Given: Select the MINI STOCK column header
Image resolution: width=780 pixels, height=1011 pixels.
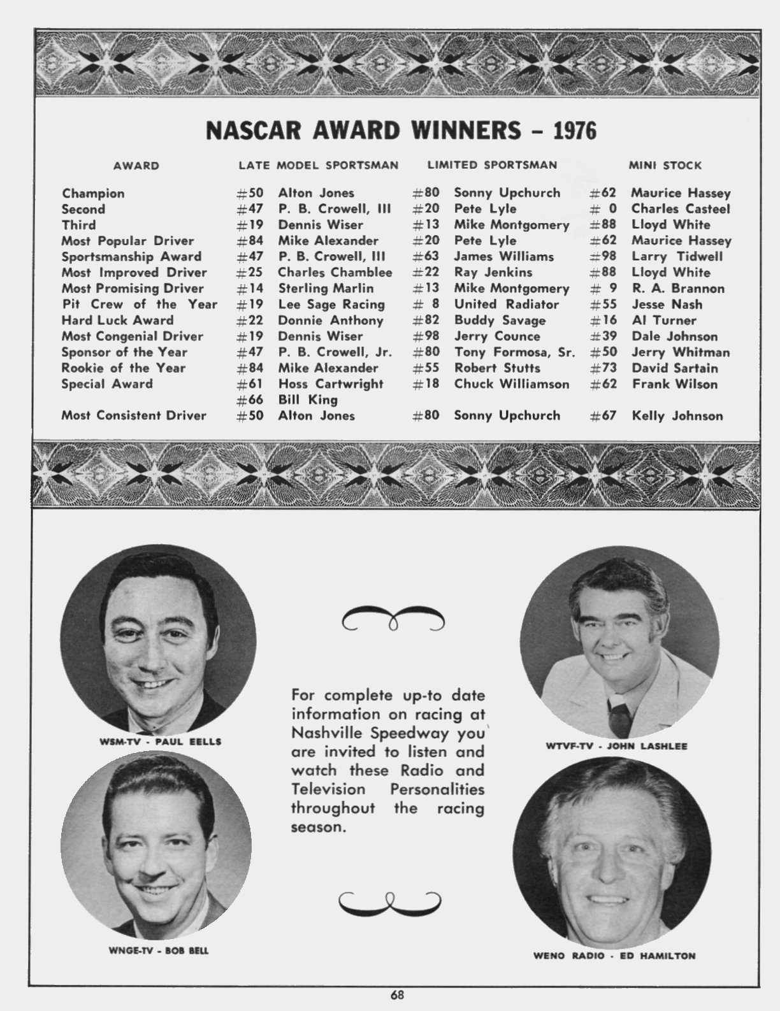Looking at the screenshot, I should (665, 166).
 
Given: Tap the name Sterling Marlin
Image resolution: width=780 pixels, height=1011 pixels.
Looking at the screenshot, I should (326, 289).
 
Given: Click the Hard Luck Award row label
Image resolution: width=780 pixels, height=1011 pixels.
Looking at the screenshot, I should (117, 320).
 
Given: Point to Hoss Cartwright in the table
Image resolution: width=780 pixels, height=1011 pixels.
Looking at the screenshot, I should (331, 384).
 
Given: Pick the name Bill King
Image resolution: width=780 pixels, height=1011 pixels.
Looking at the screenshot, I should (308, 400).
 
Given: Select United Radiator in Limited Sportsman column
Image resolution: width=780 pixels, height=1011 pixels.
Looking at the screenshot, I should (506, 305).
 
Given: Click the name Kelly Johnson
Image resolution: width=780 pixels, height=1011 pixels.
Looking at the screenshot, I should (677, 416).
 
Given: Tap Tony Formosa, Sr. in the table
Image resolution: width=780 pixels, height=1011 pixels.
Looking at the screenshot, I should (514, 352).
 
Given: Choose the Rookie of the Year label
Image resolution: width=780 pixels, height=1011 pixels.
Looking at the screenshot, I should (123, 368).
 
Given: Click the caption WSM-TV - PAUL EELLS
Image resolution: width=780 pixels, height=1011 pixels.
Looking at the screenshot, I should (160, 742).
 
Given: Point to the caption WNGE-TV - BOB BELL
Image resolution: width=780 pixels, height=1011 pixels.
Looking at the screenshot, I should (159, 951).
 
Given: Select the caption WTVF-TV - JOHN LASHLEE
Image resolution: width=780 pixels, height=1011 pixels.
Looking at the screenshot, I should (616, 745).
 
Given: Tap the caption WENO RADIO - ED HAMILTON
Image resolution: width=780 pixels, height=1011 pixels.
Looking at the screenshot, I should (614, 956).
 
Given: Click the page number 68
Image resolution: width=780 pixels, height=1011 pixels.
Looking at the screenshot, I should (398, 995).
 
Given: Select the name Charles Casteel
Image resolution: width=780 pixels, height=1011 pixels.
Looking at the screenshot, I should (680, 209).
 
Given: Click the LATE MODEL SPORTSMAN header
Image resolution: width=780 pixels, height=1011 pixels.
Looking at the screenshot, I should (318, 166).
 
